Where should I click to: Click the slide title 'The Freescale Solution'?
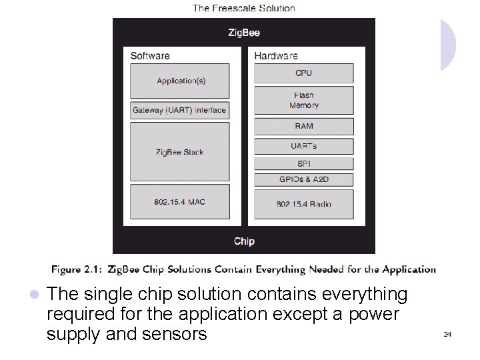tap(244, 9)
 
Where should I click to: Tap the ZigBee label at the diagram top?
tap(244, 32)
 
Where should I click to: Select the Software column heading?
tap(150, 56)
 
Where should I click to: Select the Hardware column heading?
tap(276, 56)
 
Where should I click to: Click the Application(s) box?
tap(181, 81)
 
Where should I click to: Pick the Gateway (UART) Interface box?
tap(179, 111)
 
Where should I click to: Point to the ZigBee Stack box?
tap(179, 152)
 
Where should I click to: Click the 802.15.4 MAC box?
tap(179, 202)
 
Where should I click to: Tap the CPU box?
tap(303, 73)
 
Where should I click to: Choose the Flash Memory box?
tap(303, 101)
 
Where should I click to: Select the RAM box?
tap(303, 127)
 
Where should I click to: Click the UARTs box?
tap(303, 146)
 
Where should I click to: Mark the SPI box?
tap(303, 163)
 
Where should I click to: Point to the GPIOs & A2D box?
tap(303, 179)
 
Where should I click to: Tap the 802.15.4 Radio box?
tap(303, 204)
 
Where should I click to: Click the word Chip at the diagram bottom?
tap(244, 241)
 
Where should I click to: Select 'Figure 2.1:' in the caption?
tap(77, 270)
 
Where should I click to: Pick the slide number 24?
tap(447, 334)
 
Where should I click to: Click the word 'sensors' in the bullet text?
tap(175, 333)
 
